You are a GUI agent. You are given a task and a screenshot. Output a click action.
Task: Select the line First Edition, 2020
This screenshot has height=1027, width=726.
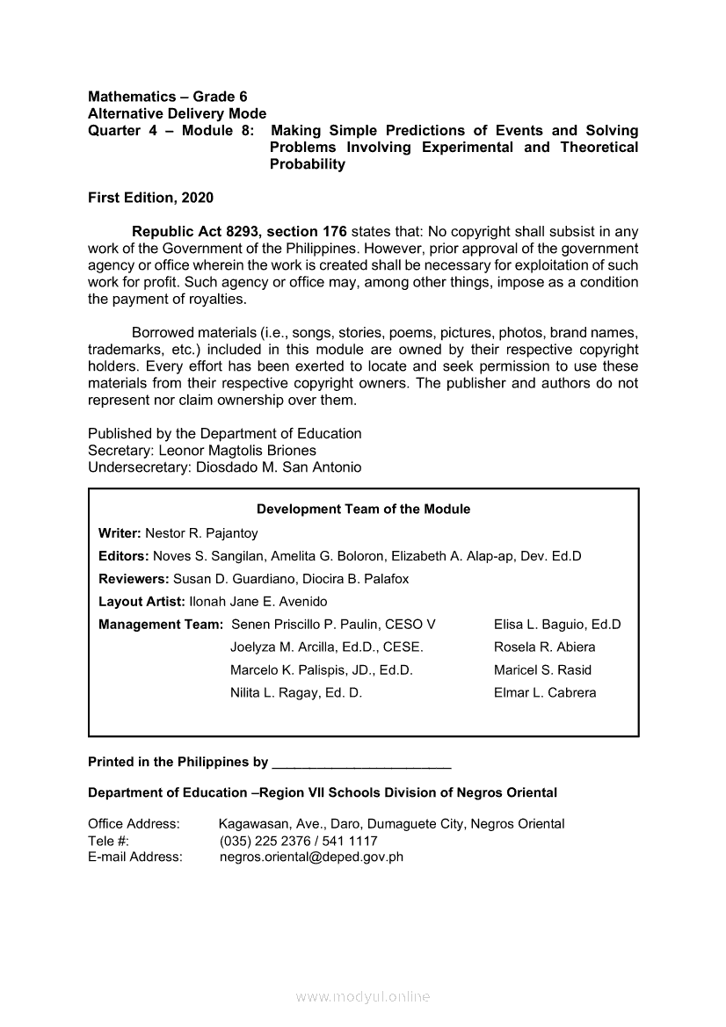[150, 199]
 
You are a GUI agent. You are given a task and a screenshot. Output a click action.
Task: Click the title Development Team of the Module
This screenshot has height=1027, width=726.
[363, 510]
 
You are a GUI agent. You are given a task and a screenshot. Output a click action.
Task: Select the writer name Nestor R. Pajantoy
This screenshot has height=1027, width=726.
[201, 533]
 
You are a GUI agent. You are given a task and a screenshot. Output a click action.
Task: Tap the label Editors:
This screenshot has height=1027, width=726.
[124, 556]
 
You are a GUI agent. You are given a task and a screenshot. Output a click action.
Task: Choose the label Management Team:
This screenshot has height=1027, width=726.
[160, 625]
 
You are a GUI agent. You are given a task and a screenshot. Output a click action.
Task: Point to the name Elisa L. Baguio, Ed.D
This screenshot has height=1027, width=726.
[557, 625]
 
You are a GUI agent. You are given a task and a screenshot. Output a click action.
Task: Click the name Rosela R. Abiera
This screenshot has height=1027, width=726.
[544, 647]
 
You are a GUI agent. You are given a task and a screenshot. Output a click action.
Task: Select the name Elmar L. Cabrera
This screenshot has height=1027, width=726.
[545, 693]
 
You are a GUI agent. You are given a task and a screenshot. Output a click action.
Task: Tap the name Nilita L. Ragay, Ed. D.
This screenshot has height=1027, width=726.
[296, 693]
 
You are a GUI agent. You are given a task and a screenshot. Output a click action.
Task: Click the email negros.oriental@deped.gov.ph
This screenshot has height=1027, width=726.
[311, 857]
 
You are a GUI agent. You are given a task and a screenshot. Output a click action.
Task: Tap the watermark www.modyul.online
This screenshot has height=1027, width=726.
[363, 997]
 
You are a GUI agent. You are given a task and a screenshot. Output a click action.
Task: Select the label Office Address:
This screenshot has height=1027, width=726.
[134, 824]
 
